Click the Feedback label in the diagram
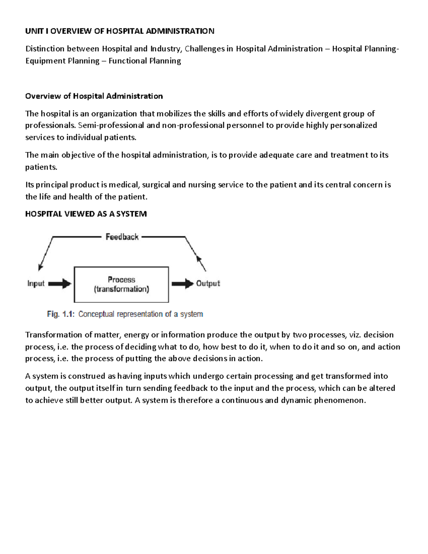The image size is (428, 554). pyautogui.click(x=122, y=237)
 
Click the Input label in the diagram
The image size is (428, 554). pyautogui.click(x=36, y=284)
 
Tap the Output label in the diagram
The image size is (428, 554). pyautogui.click(x=208, y=284)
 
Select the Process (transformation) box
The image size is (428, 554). pyautogui.click(x=121, y=284)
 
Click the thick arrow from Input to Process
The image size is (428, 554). pyautogui.click(x=60, y=284)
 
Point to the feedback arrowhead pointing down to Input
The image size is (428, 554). pyautogui.click(x=41, y=267)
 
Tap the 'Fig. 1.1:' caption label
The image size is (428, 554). pyautogui.click(x=61, y=314)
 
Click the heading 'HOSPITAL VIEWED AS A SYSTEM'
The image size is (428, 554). pyautogui.click(x=86, y=214)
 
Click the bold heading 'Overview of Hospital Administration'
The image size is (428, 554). pyautogui.click(x=94, y=96)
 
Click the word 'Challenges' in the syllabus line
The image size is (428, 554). pyautogui.click(x=204, y=49)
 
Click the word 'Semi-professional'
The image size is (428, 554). pyautogui.click(x=111, y=126)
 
